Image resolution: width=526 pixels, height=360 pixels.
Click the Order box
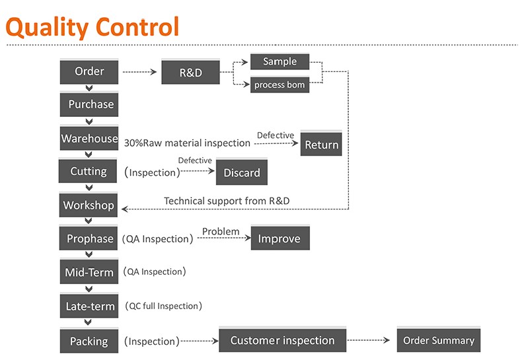coord(89,72)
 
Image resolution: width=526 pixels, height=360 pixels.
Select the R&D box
coord(190,72)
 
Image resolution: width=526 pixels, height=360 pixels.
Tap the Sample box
coord(280,61)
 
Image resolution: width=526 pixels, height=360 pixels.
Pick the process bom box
coord(280,85)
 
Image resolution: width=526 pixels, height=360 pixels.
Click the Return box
coord(321,144)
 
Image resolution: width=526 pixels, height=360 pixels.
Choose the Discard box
coord(242,172)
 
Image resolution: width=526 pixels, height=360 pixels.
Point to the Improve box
coord(280,238)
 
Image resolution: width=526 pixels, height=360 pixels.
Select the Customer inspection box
coord(282,340)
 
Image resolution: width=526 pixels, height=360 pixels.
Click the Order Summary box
coord(439,340)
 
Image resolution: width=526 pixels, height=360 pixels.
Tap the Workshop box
coord(89,205)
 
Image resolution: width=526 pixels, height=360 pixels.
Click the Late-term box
coord(89,306)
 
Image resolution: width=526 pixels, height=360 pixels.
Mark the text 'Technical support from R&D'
coord(227,201)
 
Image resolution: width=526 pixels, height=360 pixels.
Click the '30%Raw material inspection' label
coord(187,143)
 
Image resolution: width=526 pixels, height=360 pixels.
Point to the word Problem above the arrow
coord(221,231)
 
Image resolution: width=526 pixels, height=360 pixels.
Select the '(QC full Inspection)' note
coord(163,306)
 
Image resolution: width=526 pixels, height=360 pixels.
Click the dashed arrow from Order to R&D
coord(139,72)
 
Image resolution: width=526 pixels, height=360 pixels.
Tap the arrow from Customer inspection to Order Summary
coord(368,340)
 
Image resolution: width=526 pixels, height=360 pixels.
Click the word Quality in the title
coord(48,28)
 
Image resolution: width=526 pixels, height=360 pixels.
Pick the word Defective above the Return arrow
coord(276,135)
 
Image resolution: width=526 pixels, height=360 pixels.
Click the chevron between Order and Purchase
coord(89,88)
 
